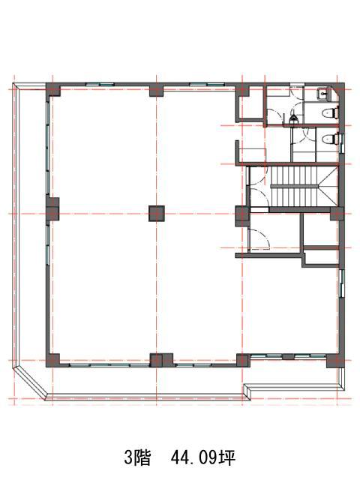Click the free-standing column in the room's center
(x=157, y=213)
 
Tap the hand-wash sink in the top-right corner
(x=323, y=93)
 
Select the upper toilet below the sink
(x=330, y=112)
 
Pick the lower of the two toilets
(x=330, y=139)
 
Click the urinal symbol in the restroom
(x=292, y=117)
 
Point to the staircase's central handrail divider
(x=294, y=186)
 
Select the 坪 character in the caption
(x=226, y=459)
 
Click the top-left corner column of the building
(x=53, y=89)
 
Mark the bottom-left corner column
(x=52, y=360)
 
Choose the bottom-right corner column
(x=335, y=360)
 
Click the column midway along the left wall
(x=52, y=209)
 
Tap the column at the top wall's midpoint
(x=157, y=90)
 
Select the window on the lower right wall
(x=342, y=283)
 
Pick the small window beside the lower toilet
(x=342, y=143)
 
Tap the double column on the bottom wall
(x=161, y=360)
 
